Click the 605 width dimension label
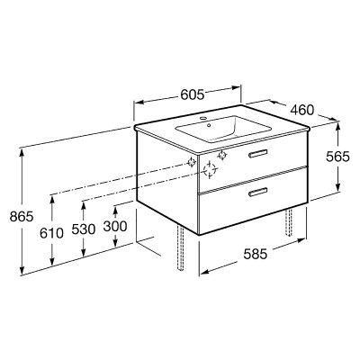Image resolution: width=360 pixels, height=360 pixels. (193, 94)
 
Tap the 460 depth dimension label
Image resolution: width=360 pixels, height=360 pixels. (302, 110)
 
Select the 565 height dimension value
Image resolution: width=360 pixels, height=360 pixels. (338, 157)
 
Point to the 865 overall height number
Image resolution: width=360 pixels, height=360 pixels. (22, 216)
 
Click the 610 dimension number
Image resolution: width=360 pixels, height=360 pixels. (51, 233)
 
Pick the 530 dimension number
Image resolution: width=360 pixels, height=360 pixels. (84, 229)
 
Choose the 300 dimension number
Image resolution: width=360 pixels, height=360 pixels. (115, 226)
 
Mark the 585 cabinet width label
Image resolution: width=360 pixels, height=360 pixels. (255, 255)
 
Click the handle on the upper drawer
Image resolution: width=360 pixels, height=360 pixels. (257, 153)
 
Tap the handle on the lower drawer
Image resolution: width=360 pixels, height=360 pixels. (257, 192)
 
